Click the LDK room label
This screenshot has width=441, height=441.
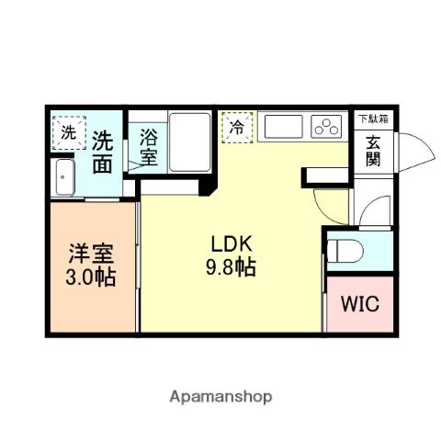[x=232, y=244]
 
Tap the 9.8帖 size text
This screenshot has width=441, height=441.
[x=232, y=267]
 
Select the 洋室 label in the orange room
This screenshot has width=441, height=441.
[x=91, y=252]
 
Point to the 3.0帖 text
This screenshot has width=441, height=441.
[x=91, y=276]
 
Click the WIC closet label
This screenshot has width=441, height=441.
[x=359, y=305]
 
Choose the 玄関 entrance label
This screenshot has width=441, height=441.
[x=374, y=152]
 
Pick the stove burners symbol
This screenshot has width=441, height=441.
[x=326, y=126]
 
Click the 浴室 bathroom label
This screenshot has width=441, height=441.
[x=149, y=148]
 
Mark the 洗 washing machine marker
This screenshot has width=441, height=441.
[x=69, y=131]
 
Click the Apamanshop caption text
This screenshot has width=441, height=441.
[x=220, y=397]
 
